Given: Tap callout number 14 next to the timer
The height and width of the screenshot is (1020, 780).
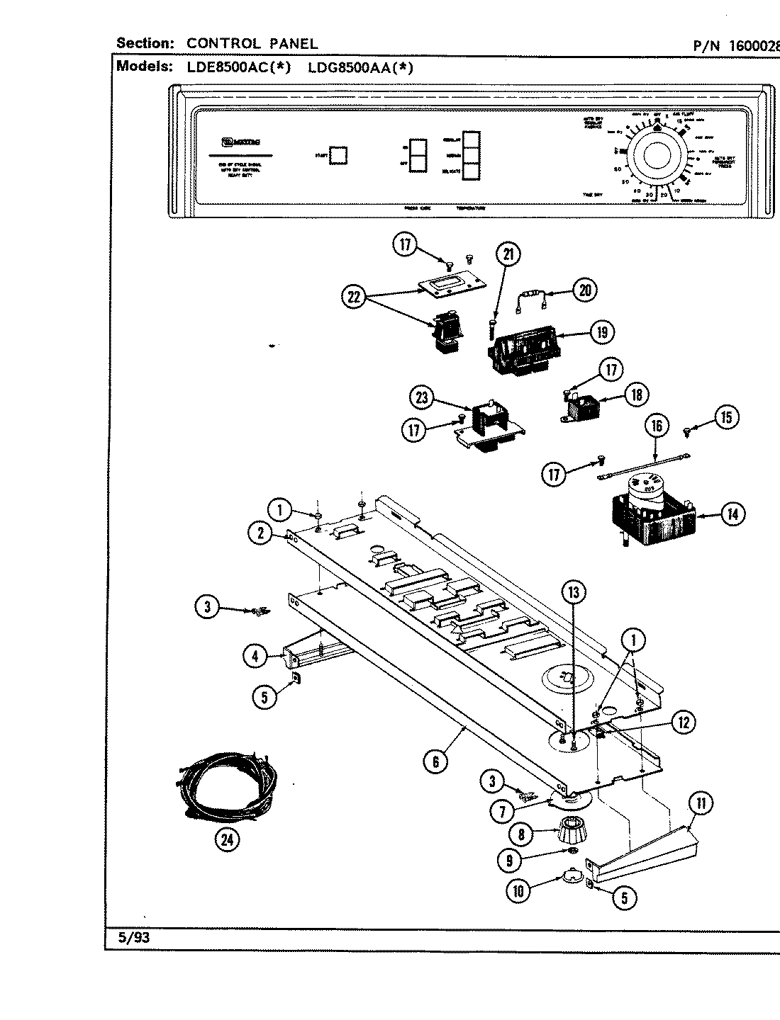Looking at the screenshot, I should pyautogui.click(x=731, y=514).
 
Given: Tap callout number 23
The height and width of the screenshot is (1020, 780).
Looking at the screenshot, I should pyautogui.click(x=423, y=398).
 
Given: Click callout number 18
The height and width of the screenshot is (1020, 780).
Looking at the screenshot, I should pyautogui.click(x=635, y=395).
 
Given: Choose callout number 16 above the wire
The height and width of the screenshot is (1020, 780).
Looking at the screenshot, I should pyautogui.click(x=657, y=425).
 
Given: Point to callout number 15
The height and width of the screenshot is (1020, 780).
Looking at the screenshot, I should pyautogui.click(x=725, y=416).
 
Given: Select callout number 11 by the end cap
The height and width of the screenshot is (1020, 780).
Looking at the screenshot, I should pyautogui.click(x=700, y=803).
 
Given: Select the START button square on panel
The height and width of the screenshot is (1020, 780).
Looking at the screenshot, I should pyautogui.click(x=339, y=155).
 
